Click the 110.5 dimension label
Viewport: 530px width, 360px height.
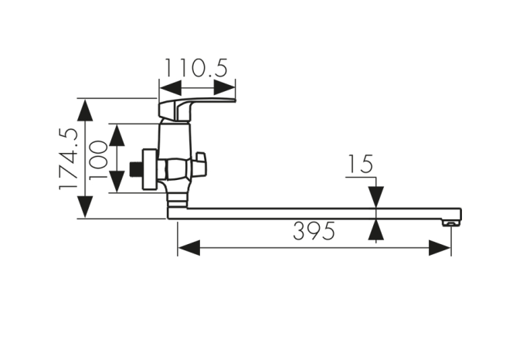click(196, 68)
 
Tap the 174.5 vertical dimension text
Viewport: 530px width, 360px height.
click(68, 158)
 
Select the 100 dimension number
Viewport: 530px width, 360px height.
click(98, 160)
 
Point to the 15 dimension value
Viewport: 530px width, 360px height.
click(360, 165)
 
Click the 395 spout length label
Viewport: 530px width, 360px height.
click(314, 231)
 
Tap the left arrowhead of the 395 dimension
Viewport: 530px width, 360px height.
click(189, 248)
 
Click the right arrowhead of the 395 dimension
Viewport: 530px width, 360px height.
click(440, 248)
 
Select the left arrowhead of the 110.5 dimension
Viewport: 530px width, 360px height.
click(170, 88)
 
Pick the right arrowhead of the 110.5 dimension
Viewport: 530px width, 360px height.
click(224, 88)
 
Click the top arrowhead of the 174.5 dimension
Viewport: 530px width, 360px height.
click(85, 110)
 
